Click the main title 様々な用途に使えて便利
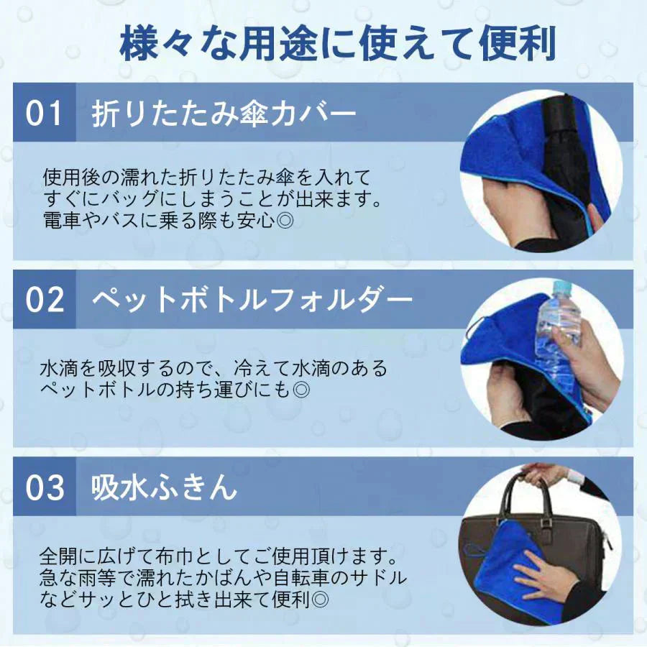[x=337, y=45]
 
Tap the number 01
[x=45, y=114]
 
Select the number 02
[x=45, y=299]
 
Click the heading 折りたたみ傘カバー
[x=223, y=114]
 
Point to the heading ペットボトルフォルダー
[x=252, y=299]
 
